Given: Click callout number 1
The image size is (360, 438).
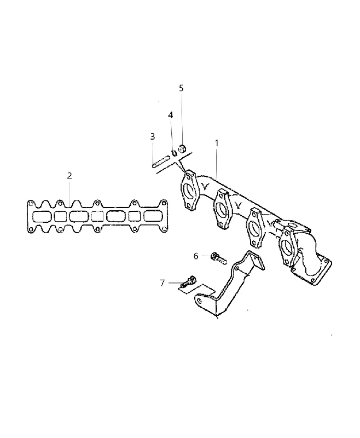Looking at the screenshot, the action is pyautogui.click(x=217, y=143).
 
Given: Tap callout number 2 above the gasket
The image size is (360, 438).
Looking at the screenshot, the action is pyautogui.click(x=69, y=176).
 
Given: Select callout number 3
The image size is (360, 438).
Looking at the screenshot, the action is pyautogui.click(x=153, y=136).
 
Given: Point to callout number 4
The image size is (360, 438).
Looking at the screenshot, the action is pyautogui.click(x=170, y=115).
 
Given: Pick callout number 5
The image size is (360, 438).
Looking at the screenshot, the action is pyautogui.click(x=181, y=88).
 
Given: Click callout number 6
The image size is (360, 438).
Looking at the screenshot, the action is pyautogui.click(x=196, y=256).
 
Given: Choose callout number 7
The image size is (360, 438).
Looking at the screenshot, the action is pyautogui.click(x=162, y=283).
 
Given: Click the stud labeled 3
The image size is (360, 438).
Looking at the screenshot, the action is pyautogui.click(x=161, y=162).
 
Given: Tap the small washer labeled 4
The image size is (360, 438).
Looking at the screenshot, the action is pyautogui.click(x=175, y=153).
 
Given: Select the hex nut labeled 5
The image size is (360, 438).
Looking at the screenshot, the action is pyautogui.click(x=182, y=148).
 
